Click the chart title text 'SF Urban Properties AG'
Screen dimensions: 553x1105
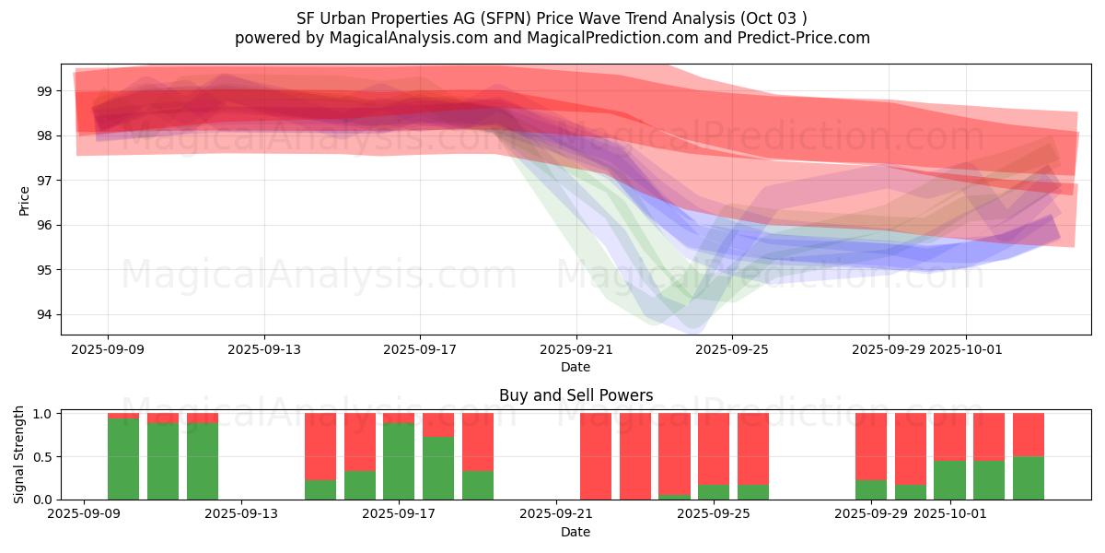click(386, 18)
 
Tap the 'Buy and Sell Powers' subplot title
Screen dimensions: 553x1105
click(576, 395)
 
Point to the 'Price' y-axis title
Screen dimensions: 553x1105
click(24, 200)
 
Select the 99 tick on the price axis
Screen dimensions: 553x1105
click(44, 91)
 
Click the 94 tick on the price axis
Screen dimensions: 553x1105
click(44, 314)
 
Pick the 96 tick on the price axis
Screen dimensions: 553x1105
click(44, 225)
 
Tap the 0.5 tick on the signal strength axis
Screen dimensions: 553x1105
click(41, 457)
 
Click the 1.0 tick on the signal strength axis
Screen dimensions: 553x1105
click(41, 414)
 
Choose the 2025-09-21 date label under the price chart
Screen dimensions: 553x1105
click(576, 349)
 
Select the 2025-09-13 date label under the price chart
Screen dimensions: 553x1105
click(264, 349)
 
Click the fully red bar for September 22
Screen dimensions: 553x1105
click(635, 456)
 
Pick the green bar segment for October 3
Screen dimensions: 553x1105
click(1029, 477)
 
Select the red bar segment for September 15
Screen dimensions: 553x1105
click(320, 446)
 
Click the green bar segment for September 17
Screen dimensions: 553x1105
click(399, 461)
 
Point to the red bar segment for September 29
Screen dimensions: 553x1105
click(871, 446)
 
